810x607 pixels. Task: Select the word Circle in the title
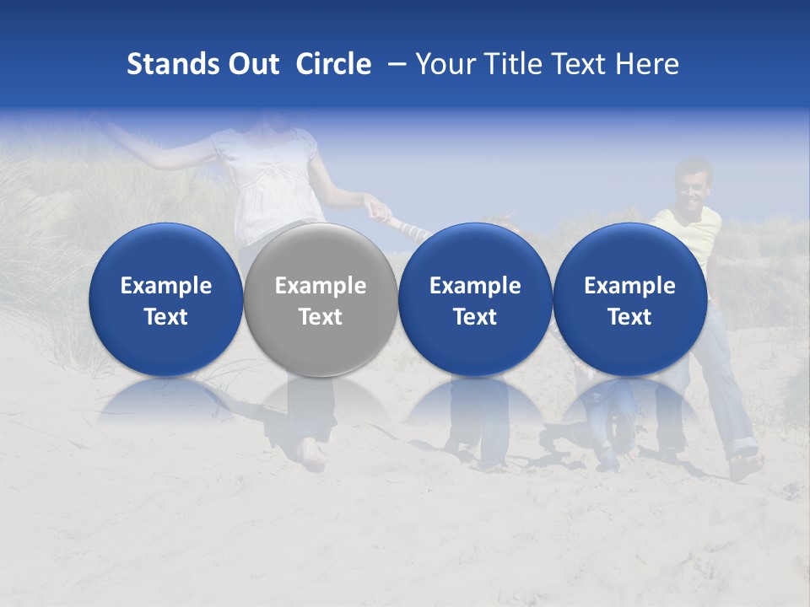tap(333, 64)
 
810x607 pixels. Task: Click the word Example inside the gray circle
tap(321, 286)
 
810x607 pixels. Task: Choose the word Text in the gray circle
tap(321, 317)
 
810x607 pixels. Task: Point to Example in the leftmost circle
tap(166, 286)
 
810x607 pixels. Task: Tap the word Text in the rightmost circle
tap(629, 317)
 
